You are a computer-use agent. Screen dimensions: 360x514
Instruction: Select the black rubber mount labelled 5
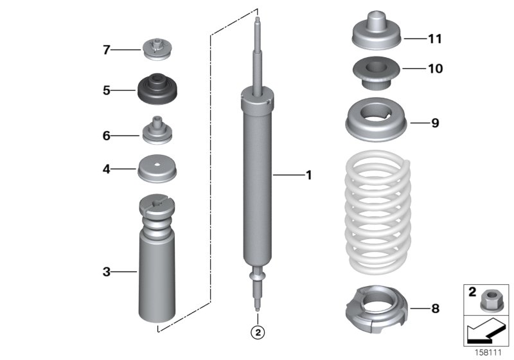pos(155,91)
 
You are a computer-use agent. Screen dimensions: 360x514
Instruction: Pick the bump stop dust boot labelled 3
pos(156,270)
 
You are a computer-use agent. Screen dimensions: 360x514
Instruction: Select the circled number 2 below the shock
pos(257,332)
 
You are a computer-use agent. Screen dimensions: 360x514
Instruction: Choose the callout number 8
pos(435,309)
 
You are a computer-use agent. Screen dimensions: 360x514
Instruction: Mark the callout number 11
pos(435,39)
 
